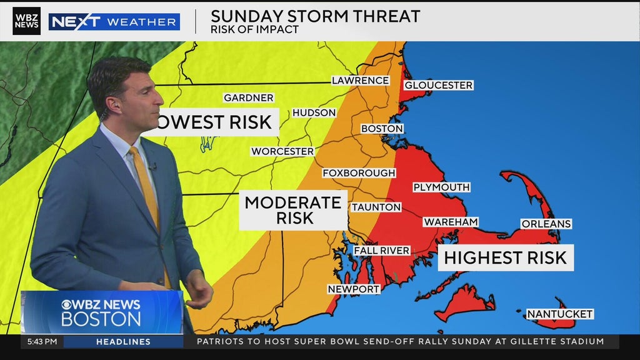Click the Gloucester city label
[439, 85]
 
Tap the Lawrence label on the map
[360, 81]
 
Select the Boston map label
[382, 129]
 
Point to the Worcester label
[282, 151]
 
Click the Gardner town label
[249, 98]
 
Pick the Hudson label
[314, 113]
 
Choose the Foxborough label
[359, 173]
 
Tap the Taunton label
[376, 207]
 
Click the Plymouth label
[441, 187]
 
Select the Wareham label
[451, 222]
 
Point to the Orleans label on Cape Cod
[546, 224]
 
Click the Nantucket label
[559, 314]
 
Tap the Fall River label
[381, 251]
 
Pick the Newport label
[354, 289]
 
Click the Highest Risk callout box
[505, 257]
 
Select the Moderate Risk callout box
[293, 210]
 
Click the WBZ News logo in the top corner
[26, 21]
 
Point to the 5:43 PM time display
[42, 342]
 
